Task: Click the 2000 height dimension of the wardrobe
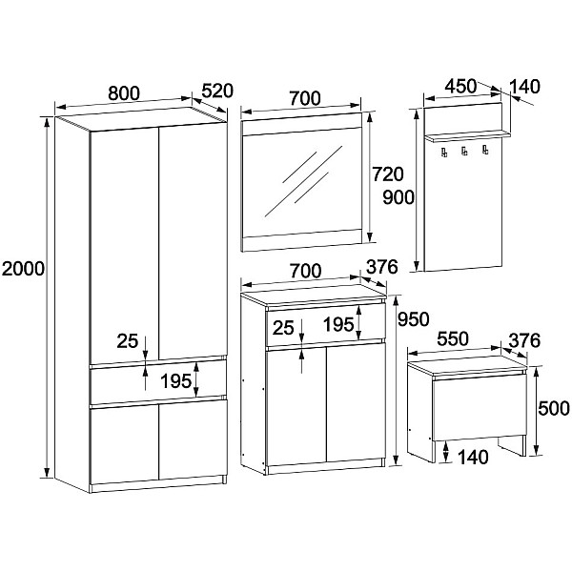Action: pyautogui.click(x=23, y=269)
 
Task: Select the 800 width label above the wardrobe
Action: pyautogui.click(x=124, y=93)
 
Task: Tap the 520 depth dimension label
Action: pyautogui.click(x=217, y=91)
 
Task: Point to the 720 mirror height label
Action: pyautogui.click(x=388, y=174)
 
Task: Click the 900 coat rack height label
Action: pyautogui.click(x=398, y=197)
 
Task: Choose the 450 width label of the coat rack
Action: pyautogui.click(x=460, y=86)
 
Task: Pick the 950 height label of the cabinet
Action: pyautogui.click(x=414, y=319)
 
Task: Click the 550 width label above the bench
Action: pyautogui.click(x=453, y=338)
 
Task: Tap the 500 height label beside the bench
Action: pyautogui.click(x=554, y=408)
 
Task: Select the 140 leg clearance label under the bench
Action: pyautogui.click(x=473, y=457)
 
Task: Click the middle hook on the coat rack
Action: pyautogui.click(x=464, y=152)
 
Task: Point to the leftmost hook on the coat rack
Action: pyautogui.click(x=444, y=153)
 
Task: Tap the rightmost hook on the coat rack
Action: pyautogui.click(x=485, y=150)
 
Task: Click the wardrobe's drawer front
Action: pyautogui.click(x=158, y=380)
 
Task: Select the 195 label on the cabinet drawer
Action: pyautogui.click(x=338, y=324)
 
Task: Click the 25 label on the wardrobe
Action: pyautogui.click(x=128, y=341)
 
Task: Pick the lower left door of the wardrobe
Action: pyautogui.click(x=124, y=443)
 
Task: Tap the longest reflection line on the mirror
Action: pyautogui.click(x=303, y=181)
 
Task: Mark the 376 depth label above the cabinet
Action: pyautogui.click(x=382, y=267)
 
